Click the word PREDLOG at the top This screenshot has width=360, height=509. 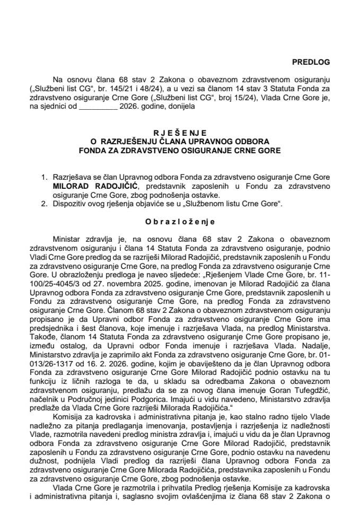311,62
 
